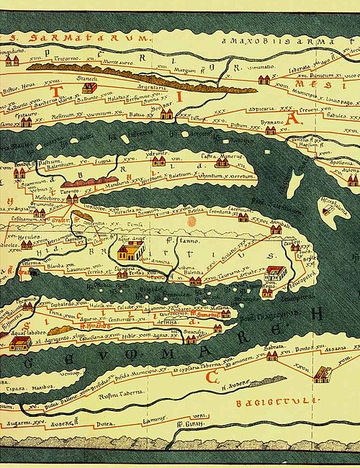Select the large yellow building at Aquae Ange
pyautogui.click(x=130, y=251)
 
